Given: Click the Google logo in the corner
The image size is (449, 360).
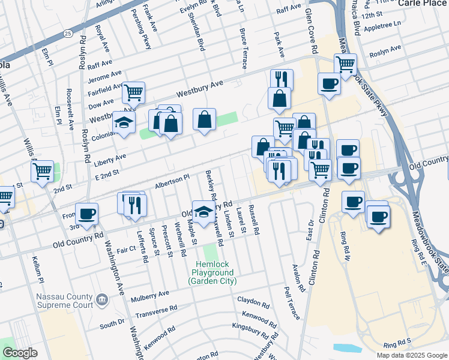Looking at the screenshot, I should coord(19,353).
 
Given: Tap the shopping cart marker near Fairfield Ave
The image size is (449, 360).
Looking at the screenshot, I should coord(133,93).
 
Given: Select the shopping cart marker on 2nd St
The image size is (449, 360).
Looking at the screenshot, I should coord(43,170).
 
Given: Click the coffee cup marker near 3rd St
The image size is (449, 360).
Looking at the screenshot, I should coord(87,214).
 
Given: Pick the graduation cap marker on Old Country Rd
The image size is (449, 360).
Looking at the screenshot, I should coord(203,211).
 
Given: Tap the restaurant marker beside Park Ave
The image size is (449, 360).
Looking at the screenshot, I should coord(282,80).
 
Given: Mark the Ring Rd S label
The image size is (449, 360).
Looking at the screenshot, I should coord(397,345).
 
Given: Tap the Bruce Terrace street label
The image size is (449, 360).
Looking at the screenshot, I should coord(243,48).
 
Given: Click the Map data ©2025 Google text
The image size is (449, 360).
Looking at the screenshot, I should coord(411,355).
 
